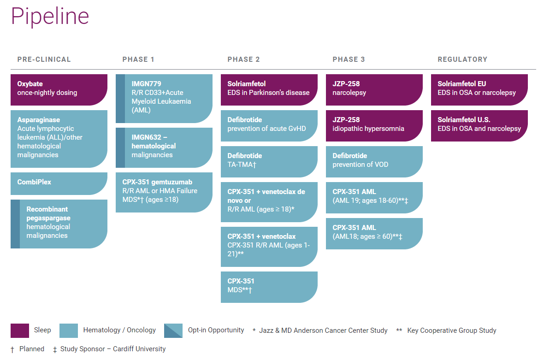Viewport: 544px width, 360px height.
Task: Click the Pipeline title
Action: (50, 16)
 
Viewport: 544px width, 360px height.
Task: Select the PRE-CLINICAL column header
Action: (44, 59)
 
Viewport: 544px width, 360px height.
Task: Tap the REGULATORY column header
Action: (462, 59)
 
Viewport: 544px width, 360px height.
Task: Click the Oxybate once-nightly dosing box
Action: (59, 90)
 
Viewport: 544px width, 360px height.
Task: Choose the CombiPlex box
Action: (59, 183)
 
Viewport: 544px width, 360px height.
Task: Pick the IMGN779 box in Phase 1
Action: (164, 99)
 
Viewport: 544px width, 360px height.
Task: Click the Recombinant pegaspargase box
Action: (59, 224)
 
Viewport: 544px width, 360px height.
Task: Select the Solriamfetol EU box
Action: (479, 90)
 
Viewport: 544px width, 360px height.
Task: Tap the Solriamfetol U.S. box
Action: (479, 125)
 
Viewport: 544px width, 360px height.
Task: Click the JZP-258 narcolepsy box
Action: (374, 90)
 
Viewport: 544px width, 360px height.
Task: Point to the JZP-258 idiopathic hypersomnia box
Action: (374, 125)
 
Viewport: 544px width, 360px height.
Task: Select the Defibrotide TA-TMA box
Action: (269, 162)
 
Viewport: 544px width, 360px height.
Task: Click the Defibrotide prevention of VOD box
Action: (374, 162)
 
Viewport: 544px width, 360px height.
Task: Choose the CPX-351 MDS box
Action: (269, 287)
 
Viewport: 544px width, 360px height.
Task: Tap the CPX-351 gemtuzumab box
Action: (164, 192)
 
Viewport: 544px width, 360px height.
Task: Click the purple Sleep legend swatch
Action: (20, 330)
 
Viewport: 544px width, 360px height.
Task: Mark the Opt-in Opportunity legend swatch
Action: (173, 330)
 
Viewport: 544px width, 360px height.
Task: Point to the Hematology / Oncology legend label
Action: (119, 330)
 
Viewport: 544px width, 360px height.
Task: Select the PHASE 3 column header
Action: (349, 59)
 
